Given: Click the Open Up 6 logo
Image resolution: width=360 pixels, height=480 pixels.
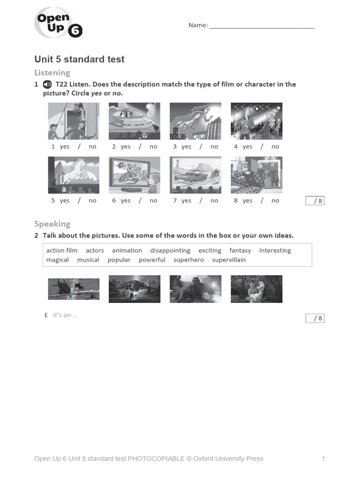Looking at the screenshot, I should click(x=58, y=24).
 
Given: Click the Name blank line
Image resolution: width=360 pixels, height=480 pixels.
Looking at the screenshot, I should click(x=262, y=26).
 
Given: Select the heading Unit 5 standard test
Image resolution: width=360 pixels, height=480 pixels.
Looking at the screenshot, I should click(x=79, y=60).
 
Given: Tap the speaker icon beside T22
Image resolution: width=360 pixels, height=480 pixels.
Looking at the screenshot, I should click(x=47, y=84).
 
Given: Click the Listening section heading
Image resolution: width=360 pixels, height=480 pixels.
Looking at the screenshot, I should click(x=52, y=73).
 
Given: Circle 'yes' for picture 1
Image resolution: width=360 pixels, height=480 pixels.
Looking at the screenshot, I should click(x=65, y=147).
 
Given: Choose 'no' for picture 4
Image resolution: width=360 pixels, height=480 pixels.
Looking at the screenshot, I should click(x=275, y=147).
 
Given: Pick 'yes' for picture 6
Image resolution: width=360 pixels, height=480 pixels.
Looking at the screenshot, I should click(x=126, y=201).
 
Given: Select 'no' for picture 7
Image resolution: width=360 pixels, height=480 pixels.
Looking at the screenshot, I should click(x=214, y=201).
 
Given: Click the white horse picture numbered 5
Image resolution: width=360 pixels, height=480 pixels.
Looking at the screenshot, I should click(x=74, y=175).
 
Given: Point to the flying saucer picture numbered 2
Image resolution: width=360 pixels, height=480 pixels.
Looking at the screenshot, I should click(x=135, y=121).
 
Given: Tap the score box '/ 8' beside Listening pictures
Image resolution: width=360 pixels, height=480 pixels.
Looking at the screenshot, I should click(x=315, y=201).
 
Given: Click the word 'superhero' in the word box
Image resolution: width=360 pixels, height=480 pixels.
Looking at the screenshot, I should click(x=188, y=260).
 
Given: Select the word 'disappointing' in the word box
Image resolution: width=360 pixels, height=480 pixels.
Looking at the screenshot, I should click(x=170, y=250).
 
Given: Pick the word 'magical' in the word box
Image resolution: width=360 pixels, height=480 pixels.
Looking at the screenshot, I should click(x=57, y=260).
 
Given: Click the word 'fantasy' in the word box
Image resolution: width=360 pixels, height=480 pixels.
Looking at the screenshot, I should click(x=240, y=250).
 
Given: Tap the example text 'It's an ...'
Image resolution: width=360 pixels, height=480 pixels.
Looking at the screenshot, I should click(x=65, y=315).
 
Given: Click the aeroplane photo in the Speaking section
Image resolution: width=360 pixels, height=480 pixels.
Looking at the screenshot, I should click(x=74, y=289).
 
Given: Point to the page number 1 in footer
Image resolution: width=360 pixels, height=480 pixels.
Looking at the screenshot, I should click(x=323, y=458).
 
